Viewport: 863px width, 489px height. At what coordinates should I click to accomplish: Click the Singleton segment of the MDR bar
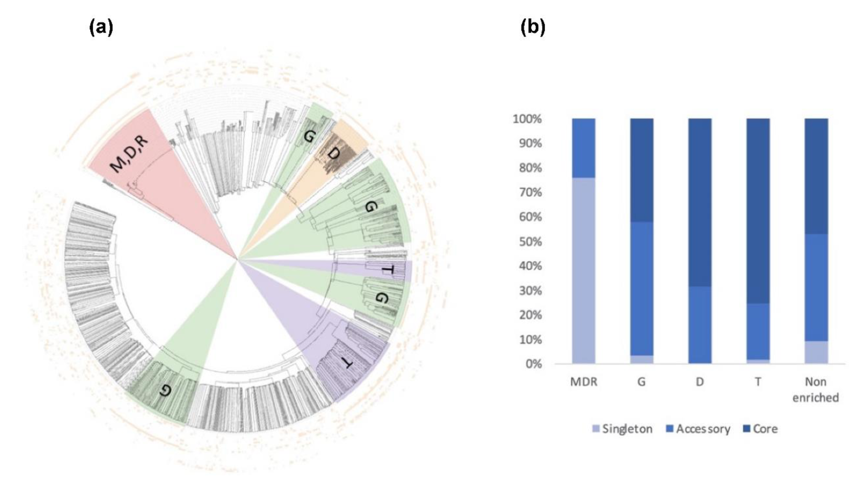(583, 270)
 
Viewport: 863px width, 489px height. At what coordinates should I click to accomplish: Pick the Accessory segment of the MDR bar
(583, 148)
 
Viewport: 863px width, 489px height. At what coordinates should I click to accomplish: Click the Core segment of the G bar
(642, 170)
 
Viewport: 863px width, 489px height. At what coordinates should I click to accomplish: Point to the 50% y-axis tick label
(530, 242)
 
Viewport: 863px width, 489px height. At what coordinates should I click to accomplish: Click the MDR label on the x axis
(583, 382)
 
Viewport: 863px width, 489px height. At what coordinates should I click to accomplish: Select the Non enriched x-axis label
(816, 390)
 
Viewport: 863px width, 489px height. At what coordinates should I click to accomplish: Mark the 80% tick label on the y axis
(530, 168)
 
